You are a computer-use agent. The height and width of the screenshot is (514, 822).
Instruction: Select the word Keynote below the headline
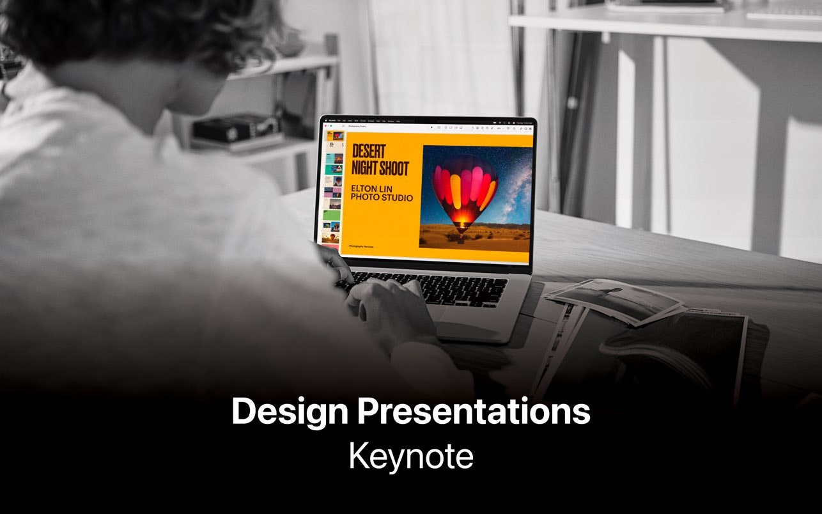(x=411, y=456)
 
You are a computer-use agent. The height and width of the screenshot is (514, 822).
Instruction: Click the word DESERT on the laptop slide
(x=369, y=152)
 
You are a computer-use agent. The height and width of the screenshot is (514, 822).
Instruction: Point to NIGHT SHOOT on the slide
(x=380, y=168)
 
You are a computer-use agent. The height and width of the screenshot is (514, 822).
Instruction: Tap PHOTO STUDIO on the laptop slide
(x=382, y=198)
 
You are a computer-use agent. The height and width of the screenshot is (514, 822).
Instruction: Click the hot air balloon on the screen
(x=463, y=189)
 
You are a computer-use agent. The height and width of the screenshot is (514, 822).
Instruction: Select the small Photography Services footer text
(x=361, y=246)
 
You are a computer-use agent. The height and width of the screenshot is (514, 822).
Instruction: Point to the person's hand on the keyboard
(x=384, y=307)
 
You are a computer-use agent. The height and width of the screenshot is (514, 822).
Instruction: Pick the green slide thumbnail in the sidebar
(x=332, y=214)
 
